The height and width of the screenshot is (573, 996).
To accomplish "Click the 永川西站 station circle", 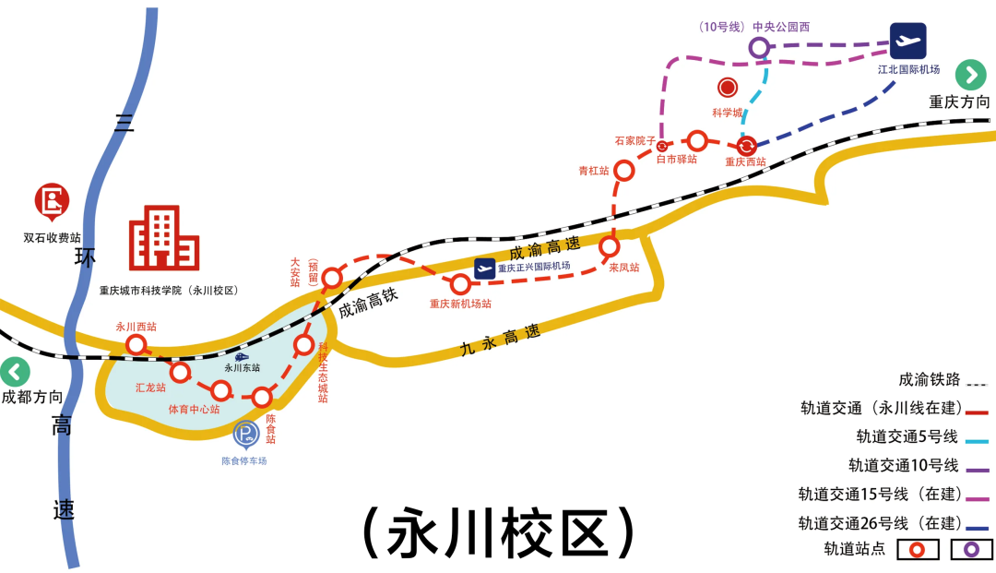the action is point(136,344).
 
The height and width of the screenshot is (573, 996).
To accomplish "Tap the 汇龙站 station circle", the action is point(180,373).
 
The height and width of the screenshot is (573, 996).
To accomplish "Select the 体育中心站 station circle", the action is point(221,390).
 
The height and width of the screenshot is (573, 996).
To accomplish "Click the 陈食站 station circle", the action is point(263,398).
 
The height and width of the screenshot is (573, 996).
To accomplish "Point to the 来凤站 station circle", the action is point(609,246).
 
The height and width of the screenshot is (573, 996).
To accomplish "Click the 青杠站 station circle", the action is point(624,170).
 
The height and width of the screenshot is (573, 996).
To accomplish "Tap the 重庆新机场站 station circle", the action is point(460,284).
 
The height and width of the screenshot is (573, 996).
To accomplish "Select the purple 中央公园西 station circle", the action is point(758,47).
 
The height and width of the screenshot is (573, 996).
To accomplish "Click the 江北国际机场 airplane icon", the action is point(908,42).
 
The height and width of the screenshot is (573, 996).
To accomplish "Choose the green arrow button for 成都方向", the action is point(15,373).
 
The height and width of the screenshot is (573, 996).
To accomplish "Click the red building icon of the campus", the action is point(164,238).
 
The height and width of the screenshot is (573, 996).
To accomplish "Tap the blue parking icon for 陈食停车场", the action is point(245,434).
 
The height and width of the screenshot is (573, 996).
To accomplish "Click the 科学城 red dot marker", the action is point(728,88).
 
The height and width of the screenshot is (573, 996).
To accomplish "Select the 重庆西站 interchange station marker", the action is point(747,145).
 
